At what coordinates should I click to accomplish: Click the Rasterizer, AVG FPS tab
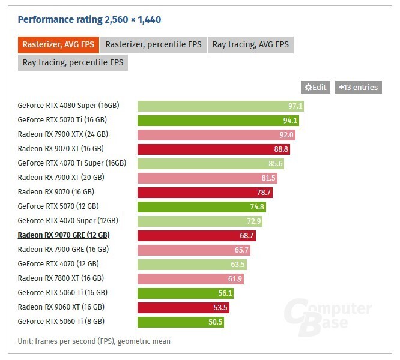(x=59, y=44)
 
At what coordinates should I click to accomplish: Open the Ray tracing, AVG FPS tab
(x=250, y=44)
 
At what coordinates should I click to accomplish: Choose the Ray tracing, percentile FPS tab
(x=73, y=62)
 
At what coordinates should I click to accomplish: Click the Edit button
(x=316, y=87)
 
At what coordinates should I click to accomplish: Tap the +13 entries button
(x=359, y=87)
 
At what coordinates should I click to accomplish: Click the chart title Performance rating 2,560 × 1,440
(x=89, y=19)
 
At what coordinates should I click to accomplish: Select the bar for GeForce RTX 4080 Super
(x=220, y=106)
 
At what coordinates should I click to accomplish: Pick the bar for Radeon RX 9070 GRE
(x=196, y=235)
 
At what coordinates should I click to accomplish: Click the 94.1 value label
(x=291, y=120)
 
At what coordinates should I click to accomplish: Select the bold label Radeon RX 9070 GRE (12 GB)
(x=64, y=235)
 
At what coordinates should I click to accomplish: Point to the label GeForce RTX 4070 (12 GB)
(x=58, y=264)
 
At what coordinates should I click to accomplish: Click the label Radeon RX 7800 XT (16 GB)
(x=61, y=278)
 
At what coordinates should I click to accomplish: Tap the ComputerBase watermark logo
(x=327, y=315)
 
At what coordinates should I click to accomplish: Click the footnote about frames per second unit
(x=94, y=341)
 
